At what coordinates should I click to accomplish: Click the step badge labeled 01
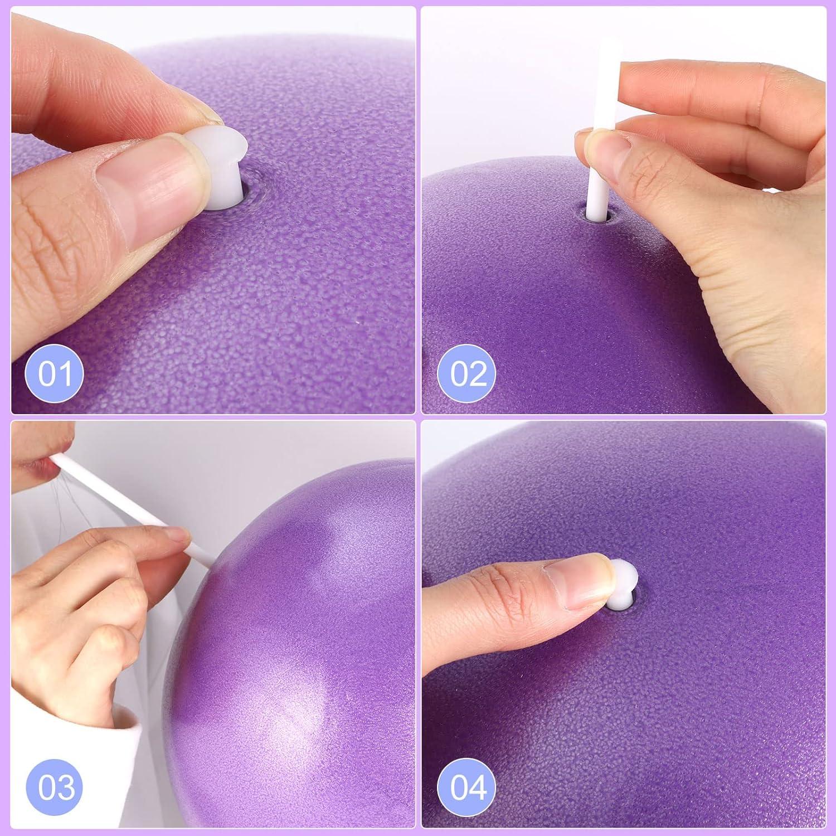[55, 373]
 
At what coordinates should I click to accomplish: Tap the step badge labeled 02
[468, 373]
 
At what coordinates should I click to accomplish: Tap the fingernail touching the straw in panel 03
[180, 536]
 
